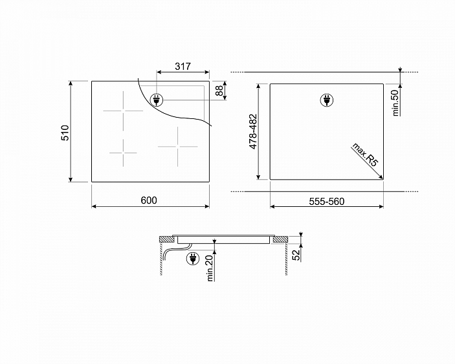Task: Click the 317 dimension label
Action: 183,67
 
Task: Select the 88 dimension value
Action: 220,91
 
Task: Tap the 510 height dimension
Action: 65,133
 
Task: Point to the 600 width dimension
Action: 149,200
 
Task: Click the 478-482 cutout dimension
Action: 253,132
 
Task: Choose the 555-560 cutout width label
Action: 326,202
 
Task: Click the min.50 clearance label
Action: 395,103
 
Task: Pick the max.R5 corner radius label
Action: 365,155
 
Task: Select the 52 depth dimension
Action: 296,255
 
